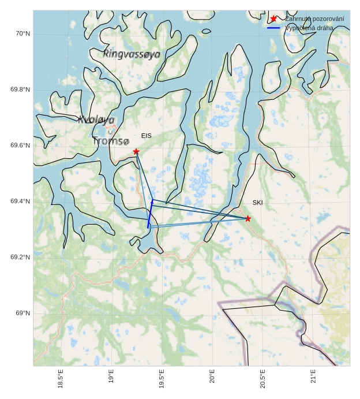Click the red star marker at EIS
pyautogui.click(x=136, y=151)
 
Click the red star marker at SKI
pyautogui.click(x=248, y=218)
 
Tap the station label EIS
pyautogui.click(x=146, y=136)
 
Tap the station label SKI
pyautogui.click(x=257, y=203)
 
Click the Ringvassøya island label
pyautogui.click(x=132, y=54)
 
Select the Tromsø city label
pyautogui.click(x=111, y=141)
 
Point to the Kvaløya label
pyautogui.click(x=96, y=120)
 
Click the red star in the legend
pyautogui.click(x=273, y=19)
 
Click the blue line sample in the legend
pyautogui.click(x=273, y=28)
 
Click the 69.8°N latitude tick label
pyautogui.click(x=20, y=90)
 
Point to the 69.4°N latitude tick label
pyautogui.click(x=20, y=202)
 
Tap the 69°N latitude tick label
pyautogui.click(x=22, y=314)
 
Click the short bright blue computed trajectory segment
pyautogui.click(x=150, y=215)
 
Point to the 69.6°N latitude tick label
pyautogui.click(x=20, y=146)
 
